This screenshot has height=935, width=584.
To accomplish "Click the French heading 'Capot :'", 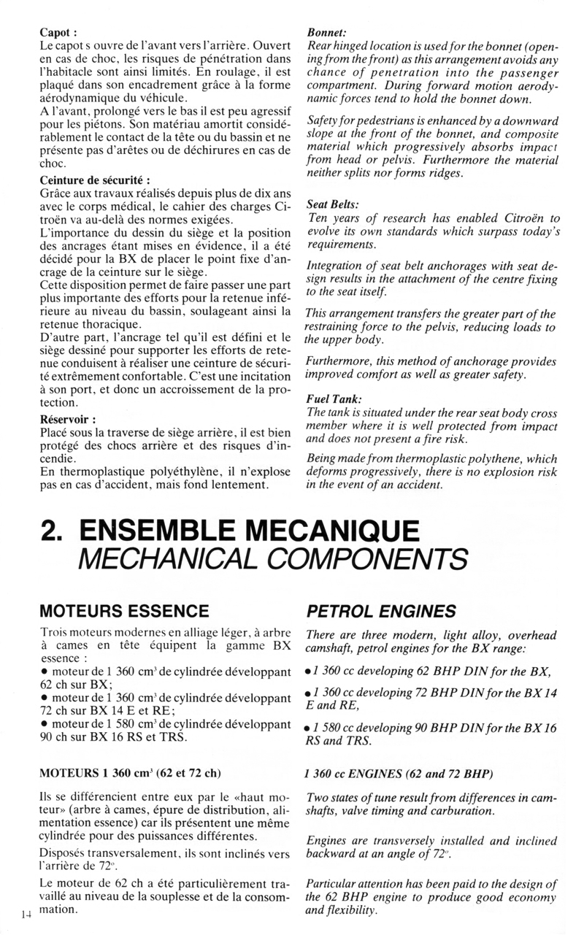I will pos(59,33).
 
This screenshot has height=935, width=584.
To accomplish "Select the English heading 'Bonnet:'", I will pos(326,33).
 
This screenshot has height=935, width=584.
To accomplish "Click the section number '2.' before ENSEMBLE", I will pos(53,531).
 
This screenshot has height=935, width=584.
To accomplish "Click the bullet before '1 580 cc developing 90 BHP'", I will pos(309,729).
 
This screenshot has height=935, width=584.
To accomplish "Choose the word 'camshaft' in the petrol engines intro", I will pos(332,649).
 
